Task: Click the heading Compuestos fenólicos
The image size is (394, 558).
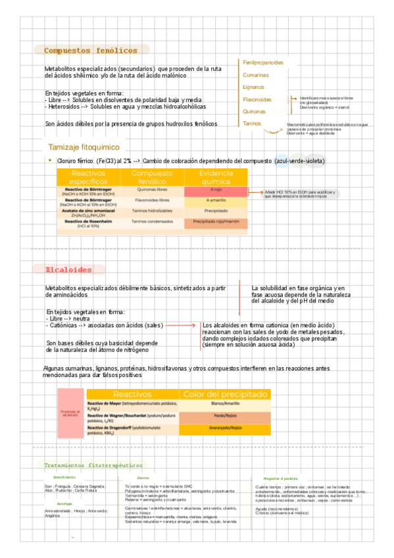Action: tap(91, 51)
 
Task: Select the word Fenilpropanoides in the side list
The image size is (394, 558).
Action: tap(263, 63)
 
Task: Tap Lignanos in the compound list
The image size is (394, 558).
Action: tap(253, 87)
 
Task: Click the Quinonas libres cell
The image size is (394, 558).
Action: tap(152, 190)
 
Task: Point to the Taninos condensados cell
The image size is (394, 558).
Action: tap(152, 222)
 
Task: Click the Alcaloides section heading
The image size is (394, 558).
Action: tap(68, 270)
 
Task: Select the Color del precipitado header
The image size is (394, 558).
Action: tap(226, 393)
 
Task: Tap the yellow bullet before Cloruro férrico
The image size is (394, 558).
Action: tap(50, 160)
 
